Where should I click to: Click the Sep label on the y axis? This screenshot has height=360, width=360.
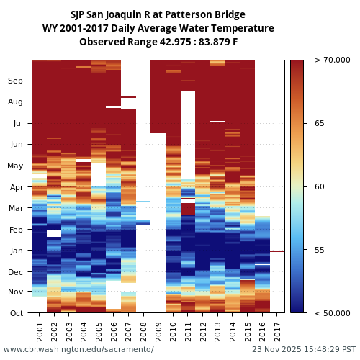[x=15, y=81]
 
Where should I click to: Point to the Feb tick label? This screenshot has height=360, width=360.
[x=15, y=230]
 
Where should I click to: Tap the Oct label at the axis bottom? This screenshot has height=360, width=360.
[x=15, y=313]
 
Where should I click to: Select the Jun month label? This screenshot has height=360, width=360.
[x=15, y=145]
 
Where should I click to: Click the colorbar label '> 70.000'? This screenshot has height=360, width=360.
[x=328, y=60]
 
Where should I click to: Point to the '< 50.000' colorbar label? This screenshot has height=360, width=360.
[x=328, y=313]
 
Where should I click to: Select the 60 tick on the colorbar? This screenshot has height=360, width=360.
[x=320, y=187]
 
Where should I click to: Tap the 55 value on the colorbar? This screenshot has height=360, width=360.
[x=320, y=250]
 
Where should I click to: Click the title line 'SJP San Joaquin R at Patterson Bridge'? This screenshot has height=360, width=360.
[x=158, y=14]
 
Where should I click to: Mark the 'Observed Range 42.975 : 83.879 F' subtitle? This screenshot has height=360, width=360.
[x=158, y=42]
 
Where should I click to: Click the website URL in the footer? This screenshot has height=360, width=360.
[x=78, y=349]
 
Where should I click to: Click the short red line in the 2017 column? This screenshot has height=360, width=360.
[x=277, y=251]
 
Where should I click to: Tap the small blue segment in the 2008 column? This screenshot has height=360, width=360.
[x=143, y=222]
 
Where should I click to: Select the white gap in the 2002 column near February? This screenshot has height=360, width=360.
[x=54, y=233]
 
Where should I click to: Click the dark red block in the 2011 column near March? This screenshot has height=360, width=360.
[x=188, y=207]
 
